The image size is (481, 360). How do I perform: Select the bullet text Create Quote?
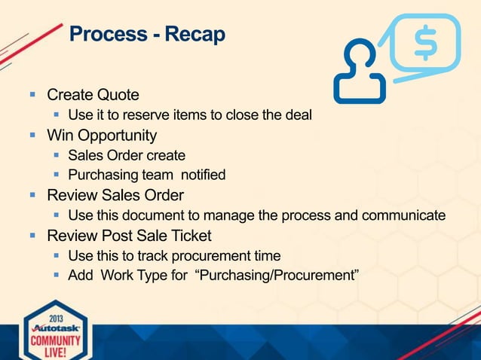(93, 96)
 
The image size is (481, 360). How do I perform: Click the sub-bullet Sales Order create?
(126, 156)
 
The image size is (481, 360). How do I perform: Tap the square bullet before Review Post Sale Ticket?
(32, 235)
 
